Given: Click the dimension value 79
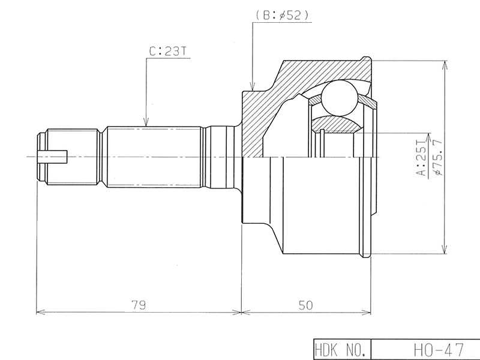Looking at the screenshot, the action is coord(139,305).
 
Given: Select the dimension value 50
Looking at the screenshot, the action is coord(306,305).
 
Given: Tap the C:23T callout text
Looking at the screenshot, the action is coord(167,52).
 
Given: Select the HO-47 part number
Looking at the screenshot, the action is coord(439,349).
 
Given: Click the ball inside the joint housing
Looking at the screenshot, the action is coord(340,98).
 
